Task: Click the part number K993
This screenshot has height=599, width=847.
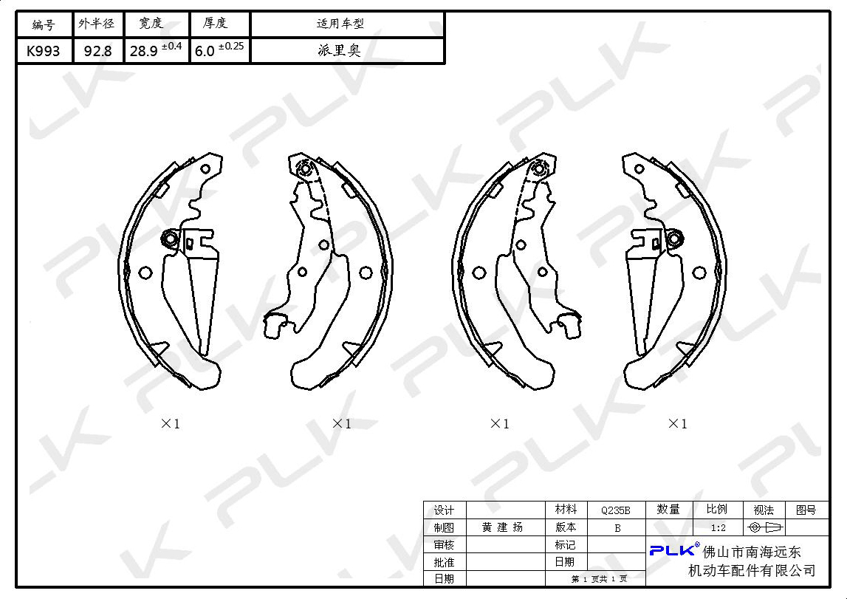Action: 44,51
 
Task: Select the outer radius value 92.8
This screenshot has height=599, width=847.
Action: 97,51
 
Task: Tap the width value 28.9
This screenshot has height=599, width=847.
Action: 144,51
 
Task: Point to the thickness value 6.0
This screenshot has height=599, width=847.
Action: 205,51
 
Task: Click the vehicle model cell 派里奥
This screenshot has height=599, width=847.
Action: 339,51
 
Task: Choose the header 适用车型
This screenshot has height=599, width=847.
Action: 340,23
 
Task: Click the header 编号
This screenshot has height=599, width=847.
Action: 44,24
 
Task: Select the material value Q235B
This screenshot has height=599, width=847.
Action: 616,510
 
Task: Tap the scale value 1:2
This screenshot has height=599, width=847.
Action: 719,527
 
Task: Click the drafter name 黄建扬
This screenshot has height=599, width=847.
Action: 502,527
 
